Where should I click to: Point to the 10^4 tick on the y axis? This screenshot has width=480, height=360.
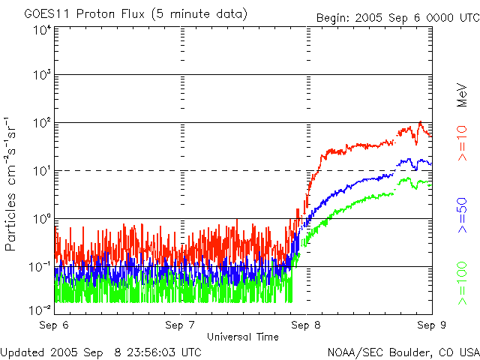43,29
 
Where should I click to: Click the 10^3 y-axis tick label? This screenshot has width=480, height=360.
43,76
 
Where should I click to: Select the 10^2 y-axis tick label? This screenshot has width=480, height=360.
43,123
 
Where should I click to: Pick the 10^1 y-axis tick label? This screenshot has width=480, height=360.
43,171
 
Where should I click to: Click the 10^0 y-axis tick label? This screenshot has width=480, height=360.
43,219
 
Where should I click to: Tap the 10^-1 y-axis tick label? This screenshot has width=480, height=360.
41,267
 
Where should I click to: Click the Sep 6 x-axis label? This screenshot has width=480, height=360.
55,325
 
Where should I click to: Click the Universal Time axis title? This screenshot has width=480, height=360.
243,337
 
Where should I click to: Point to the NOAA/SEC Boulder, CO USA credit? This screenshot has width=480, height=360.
403,352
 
